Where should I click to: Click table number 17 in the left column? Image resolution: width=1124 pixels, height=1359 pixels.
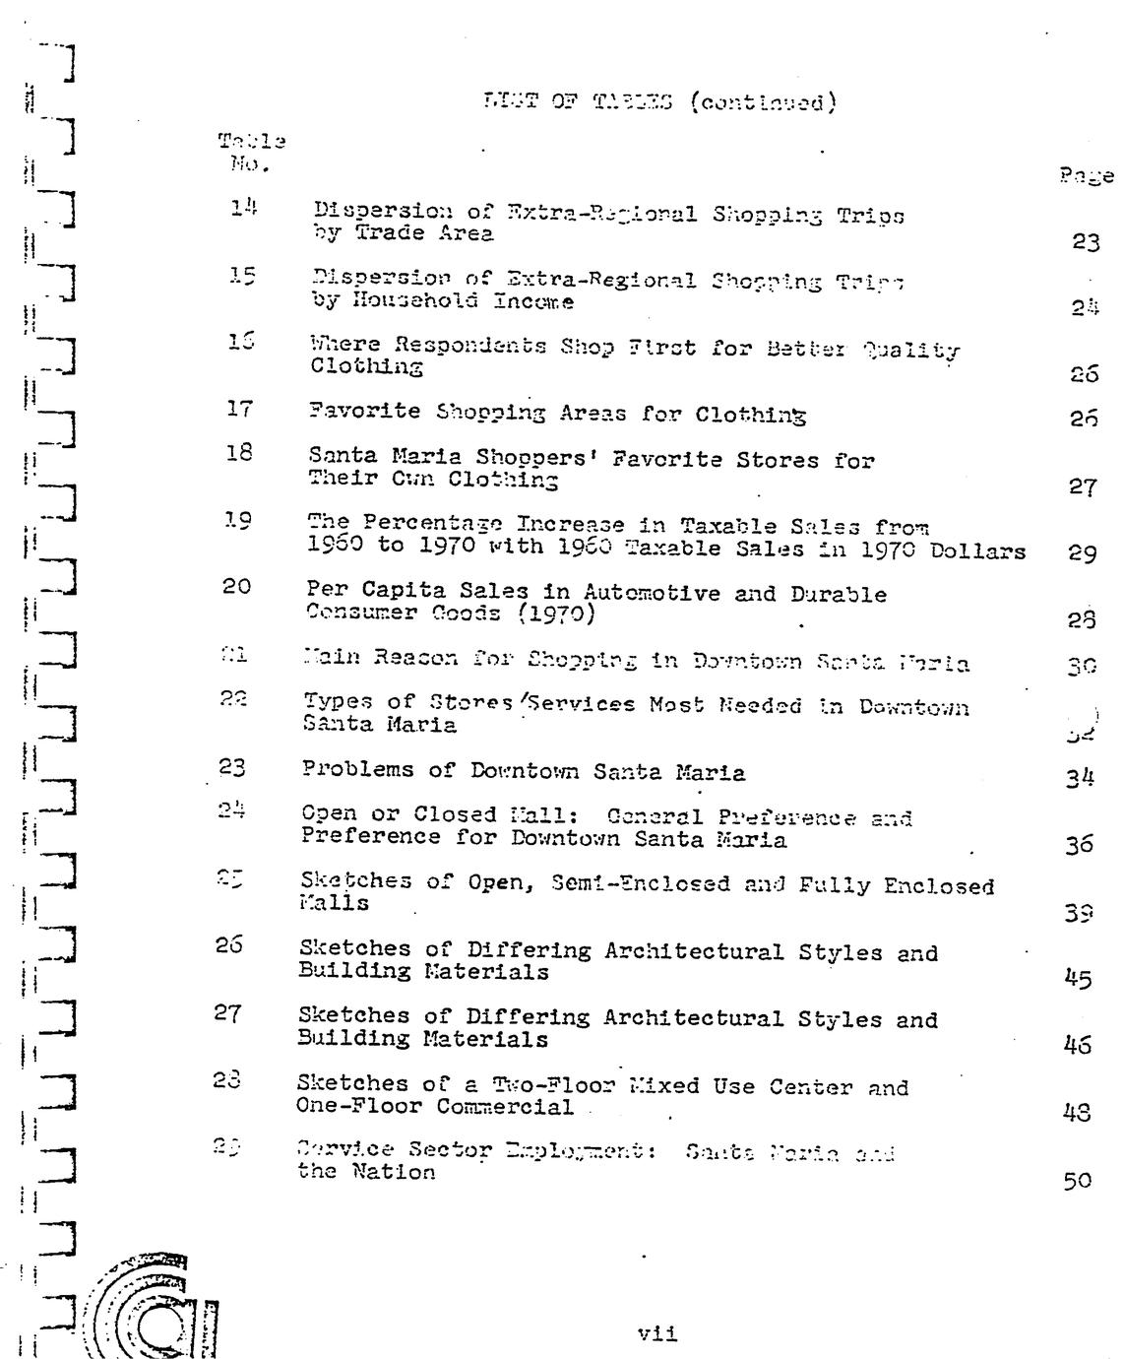(x=239, y=408)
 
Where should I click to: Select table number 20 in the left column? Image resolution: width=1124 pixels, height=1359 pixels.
(x=236, y=587)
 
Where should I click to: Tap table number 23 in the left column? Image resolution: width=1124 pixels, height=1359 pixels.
(x=232, y=767)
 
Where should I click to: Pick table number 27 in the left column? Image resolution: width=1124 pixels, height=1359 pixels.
(x=228, y=1013)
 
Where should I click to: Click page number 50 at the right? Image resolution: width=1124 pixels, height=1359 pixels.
(x=1078, y=1181)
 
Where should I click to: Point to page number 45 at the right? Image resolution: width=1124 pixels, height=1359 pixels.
(x=1079, y=980)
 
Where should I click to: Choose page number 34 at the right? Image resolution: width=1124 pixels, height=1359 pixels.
(x=1080, y=780)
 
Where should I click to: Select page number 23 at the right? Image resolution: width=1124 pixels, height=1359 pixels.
(x=1086, y=242)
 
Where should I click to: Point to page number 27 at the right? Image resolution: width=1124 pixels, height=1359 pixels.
(x=1082, y=487)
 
